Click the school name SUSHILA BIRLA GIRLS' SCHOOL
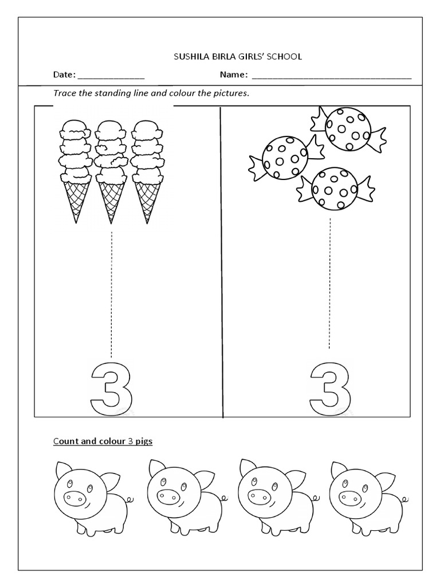[x=237, y=56]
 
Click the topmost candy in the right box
[x=348, y=130]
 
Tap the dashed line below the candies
[x=329, y=283]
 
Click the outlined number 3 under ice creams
[x=112, y=387]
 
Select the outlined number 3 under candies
[x=330, y=387]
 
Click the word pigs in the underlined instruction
[x=143, y=441]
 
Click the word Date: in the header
[x=64, y=75]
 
